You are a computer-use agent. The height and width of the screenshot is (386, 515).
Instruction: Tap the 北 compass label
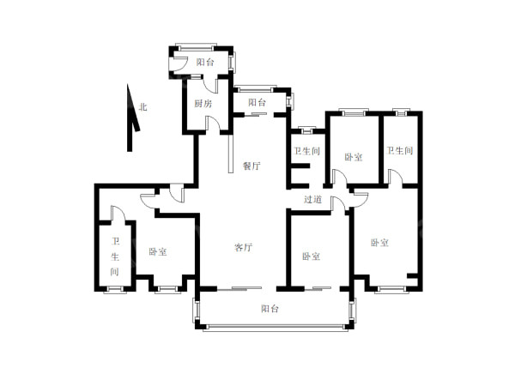[x=143, y=107]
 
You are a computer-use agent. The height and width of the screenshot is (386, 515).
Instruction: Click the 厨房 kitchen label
[x=203, y=104]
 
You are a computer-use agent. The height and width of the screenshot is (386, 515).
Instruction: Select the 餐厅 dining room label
[x=251, y=166]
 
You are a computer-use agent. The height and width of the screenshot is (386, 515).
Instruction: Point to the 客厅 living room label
[x=244, y=247]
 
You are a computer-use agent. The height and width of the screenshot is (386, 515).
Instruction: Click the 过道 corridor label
[x=312, y=199]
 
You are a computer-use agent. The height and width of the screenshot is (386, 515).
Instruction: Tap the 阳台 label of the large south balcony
[x=270, y=309]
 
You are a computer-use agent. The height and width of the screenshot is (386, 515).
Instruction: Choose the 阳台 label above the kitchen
[x=205, y=62]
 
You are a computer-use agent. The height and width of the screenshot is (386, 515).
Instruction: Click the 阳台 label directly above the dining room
[x=257, y=102]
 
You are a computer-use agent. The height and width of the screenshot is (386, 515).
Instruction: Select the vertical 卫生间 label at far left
[x=115, y=256]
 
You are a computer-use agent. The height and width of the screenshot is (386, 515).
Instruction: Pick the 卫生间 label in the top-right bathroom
[x=400, y=151]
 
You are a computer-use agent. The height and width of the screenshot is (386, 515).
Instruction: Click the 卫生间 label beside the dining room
[x=306, y=151]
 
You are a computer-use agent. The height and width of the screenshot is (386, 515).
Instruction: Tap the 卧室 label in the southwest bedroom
[x=158, y=251]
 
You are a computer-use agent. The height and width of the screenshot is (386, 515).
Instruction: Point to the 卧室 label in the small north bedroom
[x=354, y=157]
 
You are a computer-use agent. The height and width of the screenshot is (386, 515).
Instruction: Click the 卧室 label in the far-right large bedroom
[x=380, y=243]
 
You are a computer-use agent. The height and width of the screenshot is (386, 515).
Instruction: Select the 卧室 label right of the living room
[x=312, y=256]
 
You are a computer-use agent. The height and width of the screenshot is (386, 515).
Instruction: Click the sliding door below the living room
[x=239, y=288]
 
